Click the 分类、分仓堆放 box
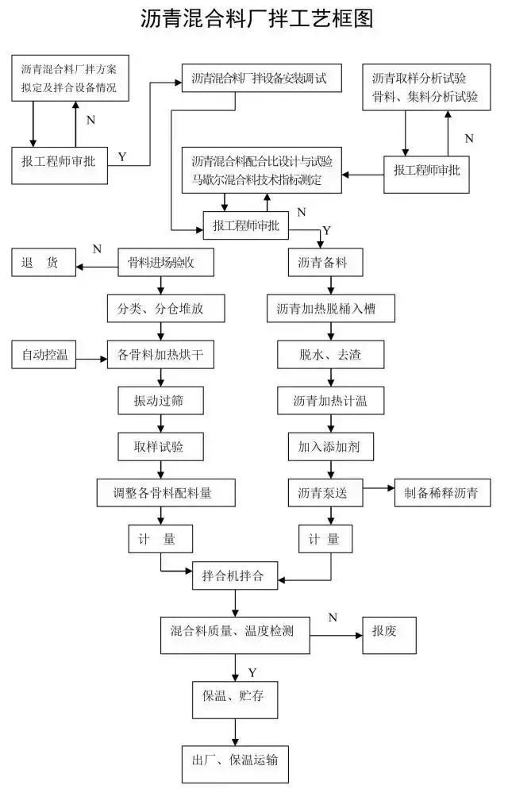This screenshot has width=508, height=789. [x=162, y=309]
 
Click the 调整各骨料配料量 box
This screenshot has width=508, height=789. [x=167, y=493]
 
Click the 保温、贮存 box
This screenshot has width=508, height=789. [x=234, y=696]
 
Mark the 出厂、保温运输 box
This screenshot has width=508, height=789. [x=234, y=760]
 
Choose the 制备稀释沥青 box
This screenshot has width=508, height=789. [x=442, y=493]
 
